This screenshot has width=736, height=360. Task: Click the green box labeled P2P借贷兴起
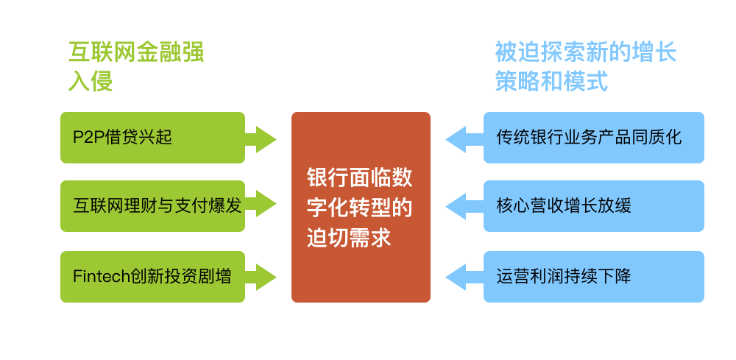(152, 137)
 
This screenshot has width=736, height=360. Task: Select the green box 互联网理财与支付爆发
(152, 205)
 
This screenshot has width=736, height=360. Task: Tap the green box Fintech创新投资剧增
(152, 276)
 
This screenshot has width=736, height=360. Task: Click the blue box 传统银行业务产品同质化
(593, 137)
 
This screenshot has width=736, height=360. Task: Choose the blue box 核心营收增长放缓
(593, 205)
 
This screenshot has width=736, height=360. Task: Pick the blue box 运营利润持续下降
(593, 276)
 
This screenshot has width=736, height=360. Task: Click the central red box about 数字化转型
(361, 207)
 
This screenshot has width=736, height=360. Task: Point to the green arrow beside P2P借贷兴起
(261, 138)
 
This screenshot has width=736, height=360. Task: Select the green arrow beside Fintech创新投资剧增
(261, 277)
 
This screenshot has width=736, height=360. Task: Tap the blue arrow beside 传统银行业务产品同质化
(464, 138)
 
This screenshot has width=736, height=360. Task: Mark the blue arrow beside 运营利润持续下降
(464, 277)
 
